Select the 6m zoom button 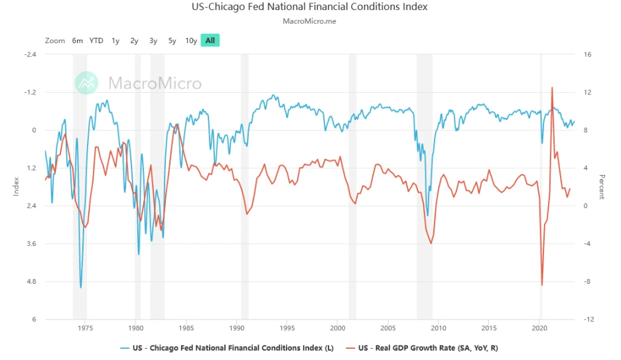tap(78, 40)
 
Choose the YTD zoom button tap(96, 40)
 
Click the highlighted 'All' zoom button tap(210, 40)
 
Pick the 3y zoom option tap(153, 40)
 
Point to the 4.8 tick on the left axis tap(31, 282)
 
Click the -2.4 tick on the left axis tap(29, 54)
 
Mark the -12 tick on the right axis tap(588, 320)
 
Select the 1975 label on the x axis tap(85, 328)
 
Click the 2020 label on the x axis tap(539, 328)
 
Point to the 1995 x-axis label tap(287, 328)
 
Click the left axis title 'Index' tap(15, 187)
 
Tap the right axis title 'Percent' tap(602, 187)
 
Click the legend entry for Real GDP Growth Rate tap(432, 347)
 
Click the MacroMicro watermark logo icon tap(86, 82)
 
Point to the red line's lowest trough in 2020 tap(542, 285)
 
